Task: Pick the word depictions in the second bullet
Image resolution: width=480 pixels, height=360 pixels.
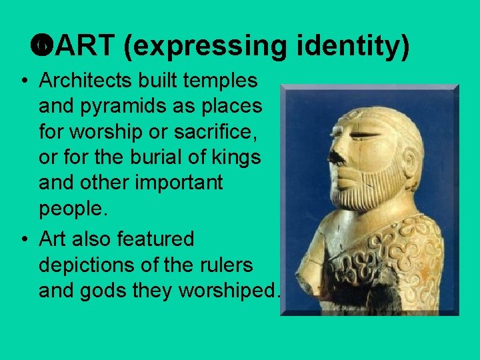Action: [87, 265]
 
